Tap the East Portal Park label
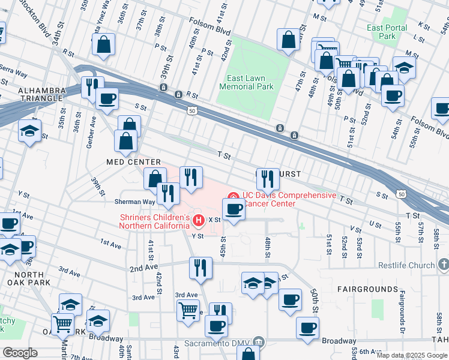388,32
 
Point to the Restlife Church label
405,265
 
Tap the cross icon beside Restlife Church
443,265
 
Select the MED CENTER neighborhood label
133,162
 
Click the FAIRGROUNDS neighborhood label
366,289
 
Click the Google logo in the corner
20,352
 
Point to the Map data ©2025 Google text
412,355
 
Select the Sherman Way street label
136,202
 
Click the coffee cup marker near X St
234,209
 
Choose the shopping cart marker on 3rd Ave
188,311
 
